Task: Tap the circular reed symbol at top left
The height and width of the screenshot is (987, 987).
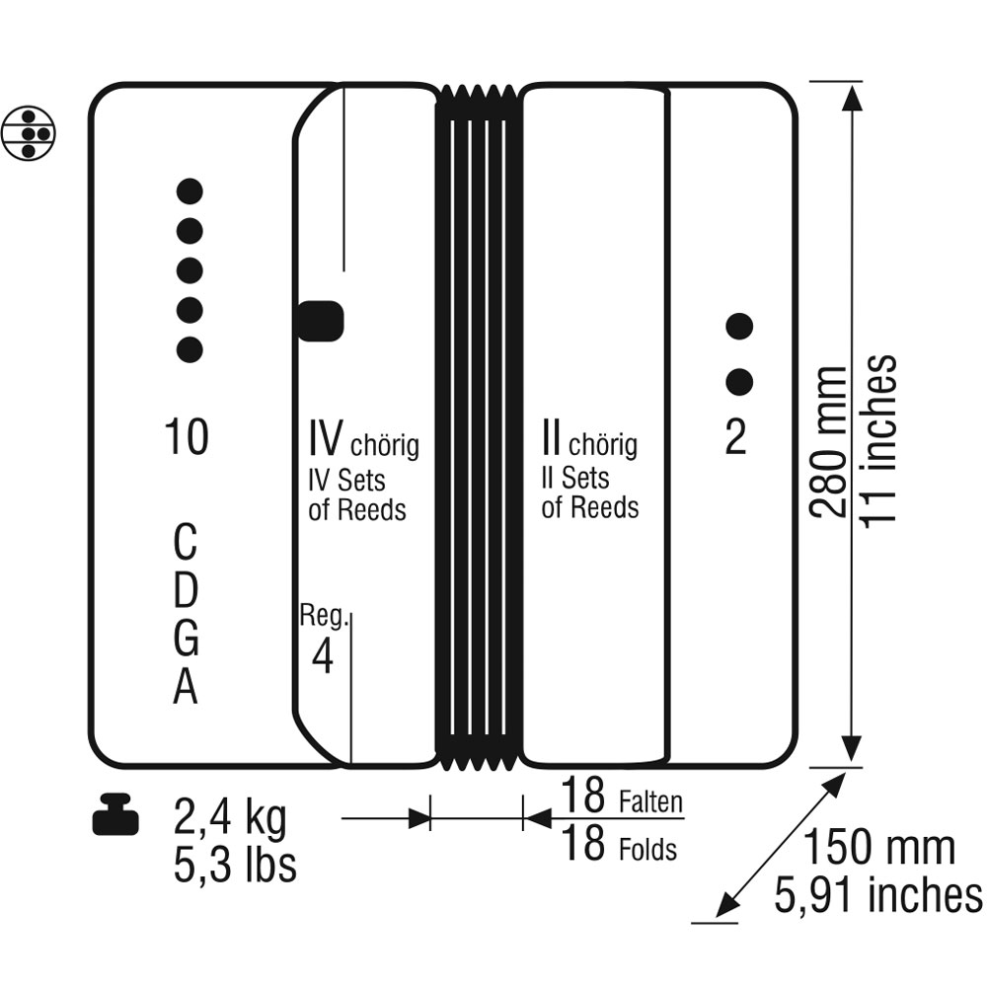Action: click(29, 133)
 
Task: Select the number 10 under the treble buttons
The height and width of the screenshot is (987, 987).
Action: click(187, 437)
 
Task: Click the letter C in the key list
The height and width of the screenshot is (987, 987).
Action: click(186, 542)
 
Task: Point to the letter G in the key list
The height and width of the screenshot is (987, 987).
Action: click(186, 639)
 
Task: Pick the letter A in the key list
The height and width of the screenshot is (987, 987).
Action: click(186, 686)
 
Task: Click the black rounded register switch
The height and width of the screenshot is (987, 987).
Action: click(321, 321)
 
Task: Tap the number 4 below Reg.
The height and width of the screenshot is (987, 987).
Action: click(323, 656)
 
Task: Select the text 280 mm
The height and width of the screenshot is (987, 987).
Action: click(828, 442)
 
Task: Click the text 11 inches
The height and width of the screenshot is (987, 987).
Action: click(878, 440)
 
